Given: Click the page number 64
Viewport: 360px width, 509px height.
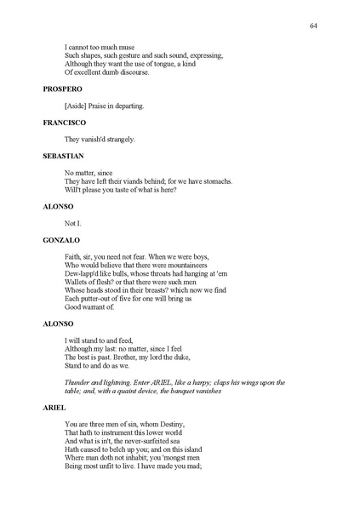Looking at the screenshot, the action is click(x=314, y=26).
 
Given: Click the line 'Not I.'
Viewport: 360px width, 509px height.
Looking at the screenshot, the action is click(x=73, y=223).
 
